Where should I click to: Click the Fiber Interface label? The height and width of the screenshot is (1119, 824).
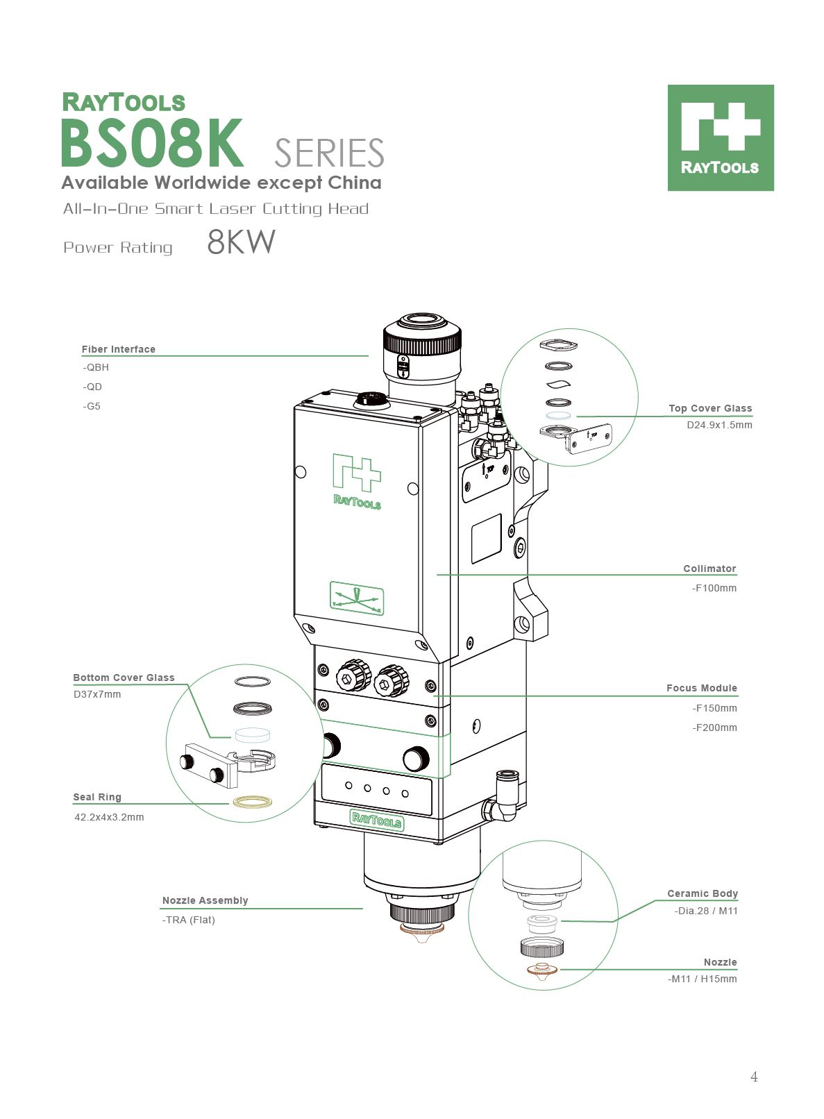118,349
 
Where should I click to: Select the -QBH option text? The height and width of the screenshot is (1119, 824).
96,367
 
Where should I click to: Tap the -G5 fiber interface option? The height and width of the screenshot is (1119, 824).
92,406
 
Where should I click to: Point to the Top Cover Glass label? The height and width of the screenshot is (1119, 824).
710,408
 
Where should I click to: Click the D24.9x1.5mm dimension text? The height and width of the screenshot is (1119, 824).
719,425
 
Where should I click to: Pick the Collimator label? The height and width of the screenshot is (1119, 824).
709,569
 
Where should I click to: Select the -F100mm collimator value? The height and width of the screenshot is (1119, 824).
714,588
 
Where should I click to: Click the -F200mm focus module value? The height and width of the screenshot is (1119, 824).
714,727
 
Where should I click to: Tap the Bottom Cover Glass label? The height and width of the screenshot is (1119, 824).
124,678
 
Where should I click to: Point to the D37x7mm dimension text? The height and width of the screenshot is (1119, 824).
97,694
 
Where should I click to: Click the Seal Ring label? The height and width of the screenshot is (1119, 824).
97,797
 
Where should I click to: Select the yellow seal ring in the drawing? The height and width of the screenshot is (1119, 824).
252,802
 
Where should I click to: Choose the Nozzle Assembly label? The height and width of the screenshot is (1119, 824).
205,900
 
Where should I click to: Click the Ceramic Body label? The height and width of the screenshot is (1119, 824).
703,893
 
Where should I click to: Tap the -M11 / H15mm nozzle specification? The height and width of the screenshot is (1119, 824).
703,979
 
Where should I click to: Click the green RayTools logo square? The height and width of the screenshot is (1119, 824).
721,137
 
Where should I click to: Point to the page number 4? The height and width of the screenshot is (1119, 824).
754,1077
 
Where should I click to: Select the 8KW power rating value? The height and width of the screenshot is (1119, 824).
241,242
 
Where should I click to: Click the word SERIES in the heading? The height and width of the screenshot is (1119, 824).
329,153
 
